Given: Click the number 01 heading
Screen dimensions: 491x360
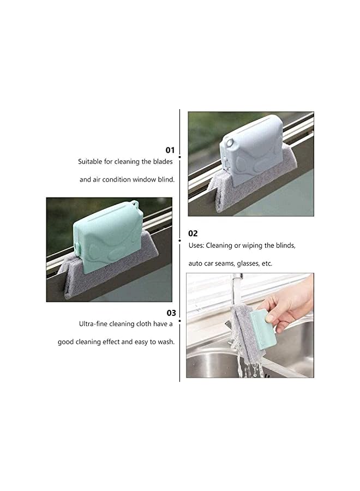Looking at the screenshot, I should click(x=170, y=149).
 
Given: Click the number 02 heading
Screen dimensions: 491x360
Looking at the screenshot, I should click(x=193, y=233).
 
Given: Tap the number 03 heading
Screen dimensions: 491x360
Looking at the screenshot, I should click(x=171, y=313).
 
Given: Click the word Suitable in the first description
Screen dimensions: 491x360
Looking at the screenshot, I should click(x=89, y=161).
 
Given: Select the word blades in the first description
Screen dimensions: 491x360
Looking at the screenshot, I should click(x=163, y=161).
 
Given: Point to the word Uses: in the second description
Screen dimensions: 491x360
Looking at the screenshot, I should click(x=197, y=245).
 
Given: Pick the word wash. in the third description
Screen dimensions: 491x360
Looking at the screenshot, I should click(x=165, y=342).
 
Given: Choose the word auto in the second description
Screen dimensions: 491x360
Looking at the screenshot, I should click(x=196, y=263).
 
